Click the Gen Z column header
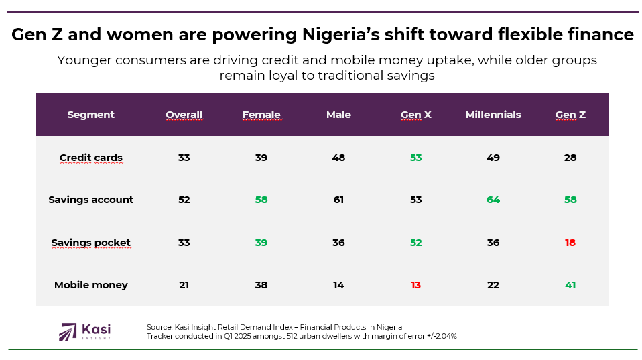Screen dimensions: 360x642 click(570, 115)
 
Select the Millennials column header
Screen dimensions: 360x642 click(493, 115)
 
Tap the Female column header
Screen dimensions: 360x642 click(261, 115)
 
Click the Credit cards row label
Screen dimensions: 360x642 click(91, 158)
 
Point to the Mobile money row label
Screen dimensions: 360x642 click(91, 285)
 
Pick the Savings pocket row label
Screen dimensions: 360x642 click(91, 243)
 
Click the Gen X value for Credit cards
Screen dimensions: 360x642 click(416, 158)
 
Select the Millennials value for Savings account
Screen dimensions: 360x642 click(493, 200)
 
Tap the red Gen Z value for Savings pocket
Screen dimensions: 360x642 click(570, 243)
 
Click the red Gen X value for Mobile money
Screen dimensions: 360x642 click(416, 285)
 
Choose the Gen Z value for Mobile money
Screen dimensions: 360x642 click(570, 285)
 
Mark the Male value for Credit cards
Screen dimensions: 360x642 click(338, 158)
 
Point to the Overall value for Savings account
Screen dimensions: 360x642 click(184, 200)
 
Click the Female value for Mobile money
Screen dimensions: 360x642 click(261, 285)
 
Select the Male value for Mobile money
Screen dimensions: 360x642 click(338, 285)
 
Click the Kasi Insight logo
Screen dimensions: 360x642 click(85, 331)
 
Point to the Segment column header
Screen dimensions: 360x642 click(91, 115)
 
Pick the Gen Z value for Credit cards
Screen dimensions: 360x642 click(570, 158)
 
